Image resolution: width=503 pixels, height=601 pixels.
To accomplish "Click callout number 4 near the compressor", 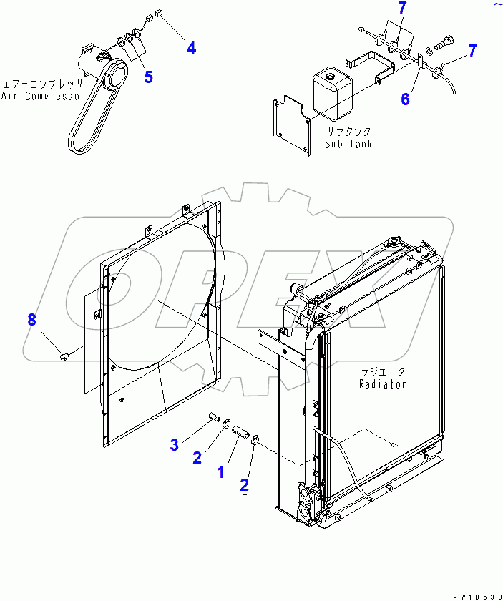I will (x=191, y=48).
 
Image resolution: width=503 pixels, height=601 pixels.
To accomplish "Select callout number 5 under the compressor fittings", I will (x=148, y=77).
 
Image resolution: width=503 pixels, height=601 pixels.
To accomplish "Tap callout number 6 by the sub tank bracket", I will (x=405, y=99).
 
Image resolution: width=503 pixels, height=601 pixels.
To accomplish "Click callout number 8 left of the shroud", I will (x=31, y=320).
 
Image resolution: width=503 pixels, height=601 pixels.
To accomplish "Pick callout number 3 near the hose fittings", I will (x=174, y=445).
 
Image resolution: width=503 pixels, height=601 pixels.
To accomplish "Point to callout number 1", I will (x=220, y=472).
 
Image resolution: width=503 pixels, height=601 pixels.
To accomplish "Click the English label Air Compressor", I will (x=43, y=96).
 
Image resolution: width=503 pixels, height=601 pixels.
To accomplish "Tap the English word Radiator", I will (x=382, y=383).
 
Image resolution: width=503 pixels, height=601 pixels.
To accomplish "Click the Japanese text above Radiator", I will (x=382, y=371).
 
